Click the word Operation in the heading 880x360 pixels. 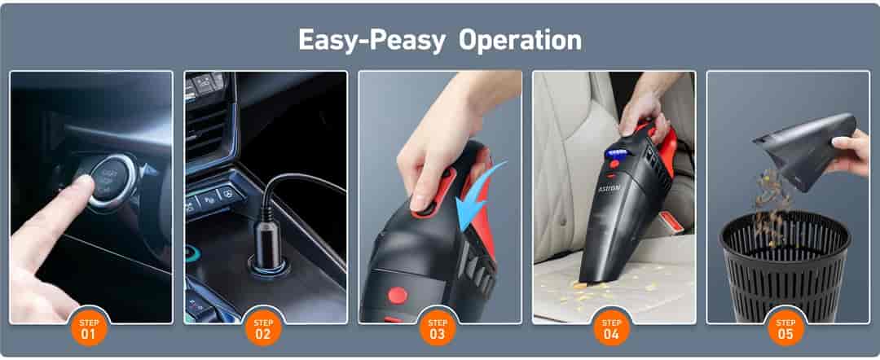521,40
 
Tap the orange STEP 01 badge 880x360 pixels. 89,328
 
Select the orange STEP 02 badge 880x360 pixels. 263,328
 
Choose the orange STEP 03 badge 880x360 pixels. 438,328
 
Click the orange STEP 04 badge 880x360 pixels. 612,328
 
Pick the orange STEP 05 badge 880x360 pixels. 786,328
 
